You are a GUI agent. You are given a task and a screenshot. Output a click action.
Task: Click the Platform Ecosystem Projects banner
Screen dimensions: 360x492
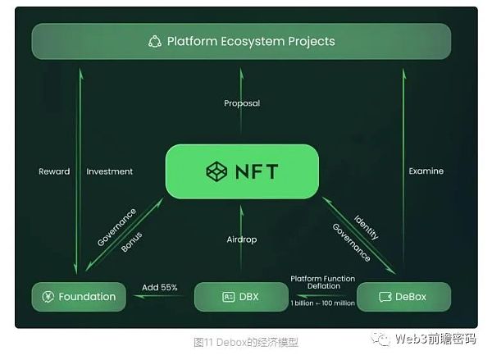[x=241, y=41]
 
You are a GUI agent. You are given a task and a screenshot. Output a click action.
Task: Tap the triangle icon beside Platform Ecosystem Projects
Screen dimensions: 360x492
[x=155, y=41]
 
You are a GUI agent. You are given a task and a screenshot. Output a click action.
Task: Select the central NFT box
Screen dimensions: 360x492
[x=241, y=171]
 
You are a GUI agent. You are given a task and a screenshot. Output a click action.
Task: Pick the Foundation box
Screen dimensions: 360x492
[x=79, y=296]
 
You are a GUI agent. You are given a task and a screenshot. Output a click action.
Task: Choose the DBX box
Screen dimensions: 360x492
[x=241, y=296]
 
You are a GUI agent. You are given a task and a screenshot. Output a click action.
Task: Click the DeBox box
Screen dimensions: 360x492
[x=403, y=296]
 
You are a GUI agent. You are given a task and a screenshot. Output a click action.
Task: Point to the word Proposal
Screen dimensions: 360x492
[x=242, y=103]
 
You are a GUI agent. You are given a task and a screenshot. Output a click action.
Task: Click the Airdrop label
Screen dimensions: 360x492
[x=242, y=239]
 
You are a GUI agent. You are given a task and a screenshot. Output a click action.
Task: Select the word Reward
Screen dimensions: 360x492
[x=54, y=171]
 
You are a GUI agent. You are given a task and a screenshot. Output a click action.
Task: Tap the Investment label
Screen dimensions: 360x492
[x=109, y=171]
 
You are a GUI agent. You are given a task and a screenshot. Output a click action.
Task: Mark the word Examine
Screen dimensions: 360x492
[x=426, y=171]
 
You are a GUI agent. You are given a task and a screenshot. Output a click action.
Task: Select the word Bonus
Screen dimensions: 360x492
[x=131, y=241]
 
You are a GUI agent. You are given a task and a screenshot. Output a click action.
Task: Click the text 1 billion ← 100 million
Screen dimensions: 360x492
[x=322, y=303]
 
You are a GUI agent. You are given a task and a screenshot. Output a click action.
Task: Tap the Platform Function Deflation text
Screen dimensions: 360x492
[x=322, y=283]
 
